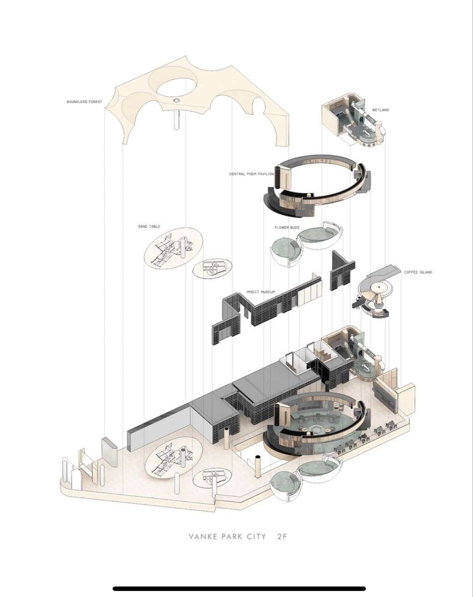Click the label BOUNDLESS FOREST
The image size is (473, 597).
click(x=84, y=102)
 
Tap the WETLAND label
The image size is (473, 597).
click(x=380, y=110)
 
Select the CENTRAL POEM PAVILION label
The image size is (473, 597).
click(x=251, y=174)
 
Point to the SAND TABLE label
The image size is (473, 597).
click(x=149, y=226)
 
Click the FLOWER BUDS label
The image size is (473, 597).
click(x=287, y=227)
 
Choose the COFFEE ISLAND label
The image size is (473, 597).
click(x=418, y=272)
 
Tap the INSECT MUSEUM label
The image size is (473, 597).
click(x=261, y=292)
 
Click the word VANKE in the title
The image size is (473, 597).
click(x=201, y=537)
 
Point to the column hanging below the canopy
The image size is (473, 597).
click(x=176, y=120)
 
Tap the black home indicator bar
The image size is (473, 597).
click(x=236, y=589)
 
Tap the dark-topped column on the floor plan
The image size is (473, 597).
click(x=258, y=465)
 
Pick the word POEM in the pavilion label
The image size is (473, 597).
click(x=253, y=174)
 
